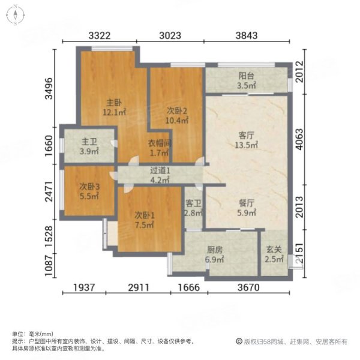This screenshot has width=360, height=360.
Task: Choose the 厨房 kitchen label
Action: click(214, 251)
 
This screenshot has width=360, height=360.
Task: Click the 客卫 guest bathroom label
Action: click(193, 203)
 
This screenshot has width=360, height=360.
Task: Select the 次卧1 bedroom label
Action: click(144, 215)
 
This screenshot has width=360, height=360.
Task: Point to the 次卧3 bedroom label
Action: click(89, 187)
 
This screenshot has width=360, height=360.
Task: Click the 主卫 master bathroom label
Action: click(89, 142)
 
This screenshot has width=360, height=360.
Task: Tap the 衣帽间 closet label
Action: click(160, 143)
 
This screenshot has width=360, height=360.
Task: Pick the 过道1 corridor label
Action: click(160, 170)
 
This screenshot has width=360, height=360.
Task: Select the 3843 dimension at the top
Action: click(246, 35)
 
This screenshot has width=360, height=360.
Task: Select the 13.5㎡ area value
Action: click(245, 145)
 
